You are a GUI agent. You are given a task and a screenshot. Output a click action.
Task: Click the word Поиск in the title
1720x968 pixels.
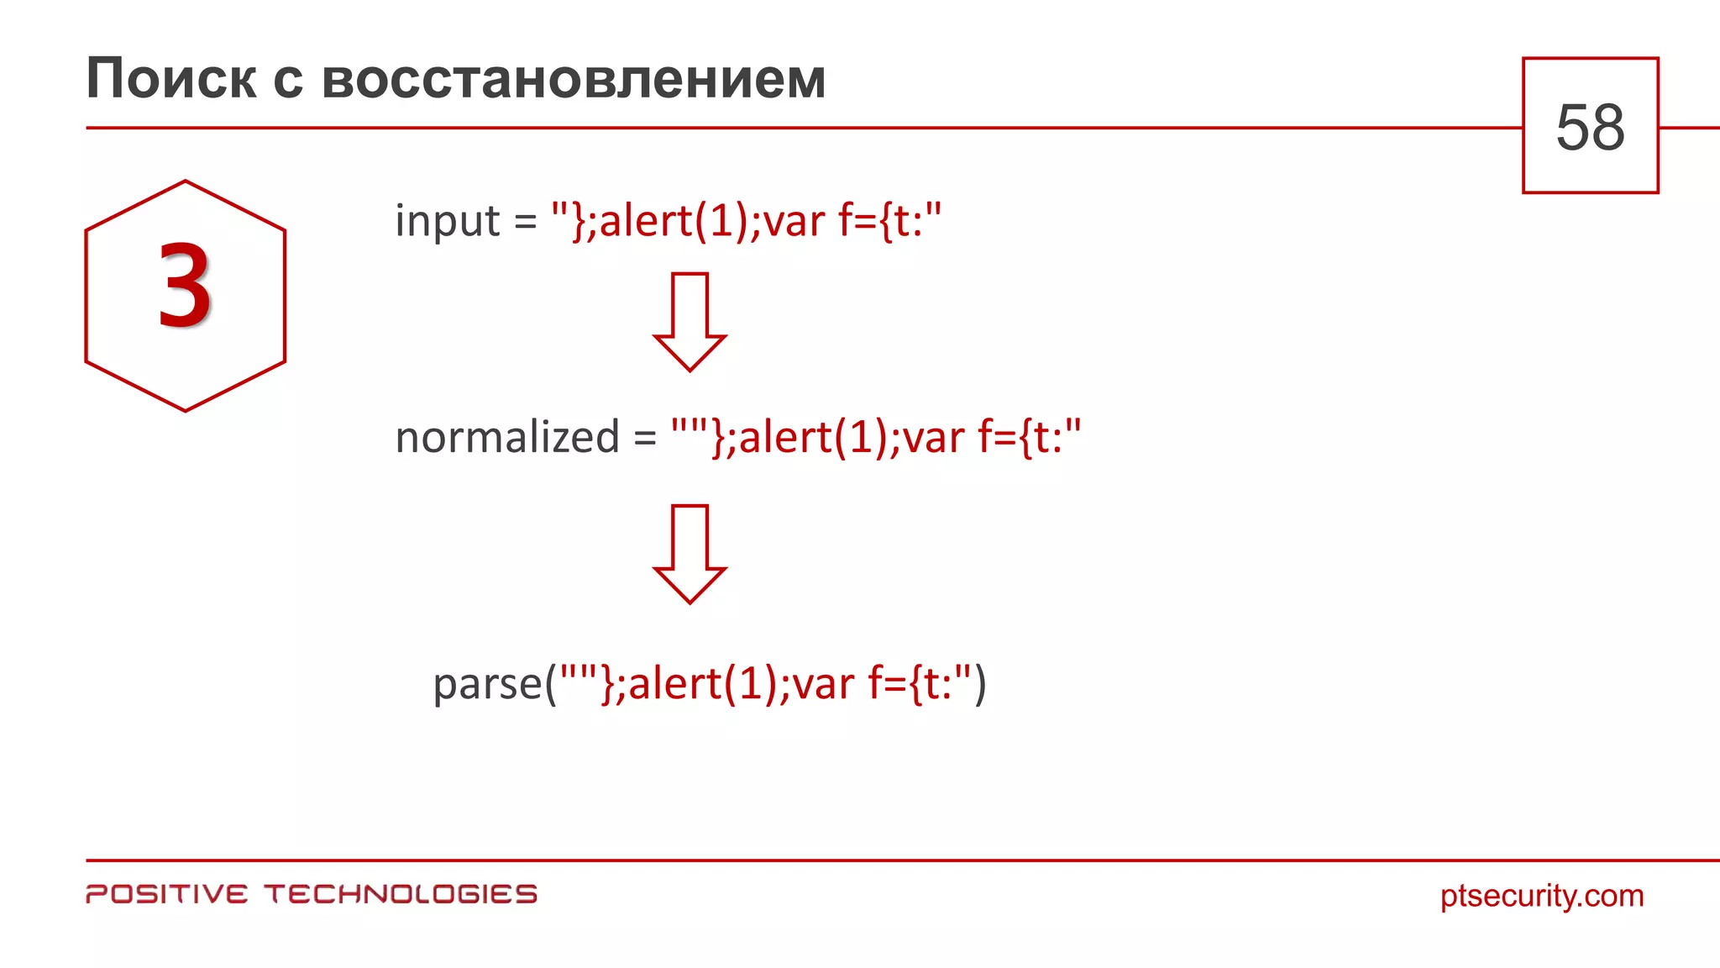point(170,79)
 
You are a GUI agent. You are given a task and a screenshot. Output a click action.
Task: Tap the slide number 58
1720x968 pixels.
point(1590,127)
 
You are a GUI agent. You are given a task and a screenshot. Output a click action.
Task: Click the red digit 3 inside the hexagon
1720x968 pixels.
point(185,286)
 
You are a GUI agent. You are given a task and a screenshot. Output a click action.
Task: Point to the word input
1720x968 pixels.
point(447,221)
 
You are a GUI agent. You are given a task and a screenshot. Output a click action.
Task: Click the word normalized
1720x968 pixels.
point(506,438)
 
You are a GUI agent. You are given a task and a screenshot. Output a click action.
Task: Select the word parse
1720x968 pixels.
point(487,684)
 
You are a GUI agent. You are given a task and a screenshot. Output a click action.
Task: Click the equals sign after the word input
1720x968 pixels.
point(526,223)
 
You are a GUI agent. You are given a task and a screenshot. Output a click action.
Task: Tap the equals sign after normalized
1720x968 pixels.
point(645,439)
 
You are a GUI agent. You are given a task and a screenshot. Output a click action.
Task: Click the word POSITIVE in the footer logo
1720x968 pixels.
point(167,894)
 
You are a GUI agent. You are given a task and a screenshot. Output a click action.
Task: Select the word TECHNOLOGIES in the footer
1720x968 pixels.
point(401,894)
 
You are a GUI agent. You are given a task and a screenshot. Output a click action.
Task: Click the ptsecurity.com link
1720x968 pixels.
point(1542,896)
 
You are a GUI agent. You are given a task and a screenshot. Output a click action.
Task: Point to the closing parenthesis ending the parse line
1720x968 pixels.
point(979,684)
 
